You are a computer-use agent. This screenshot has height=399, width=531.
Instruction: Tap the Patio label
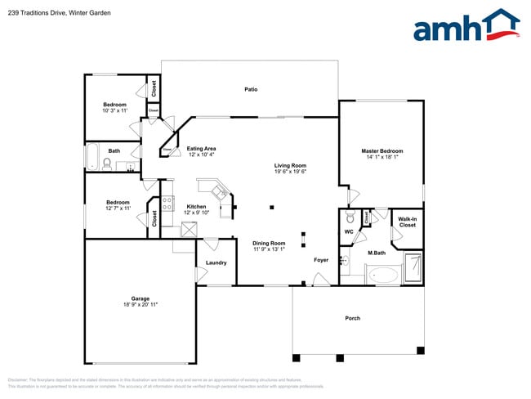[x=251, y=89]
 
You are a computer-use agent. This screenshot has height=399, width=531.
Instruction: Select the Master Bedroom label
[x=382, y=151]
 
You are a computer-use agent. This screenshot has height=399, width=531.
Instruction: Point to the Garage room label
[x=141, y=298]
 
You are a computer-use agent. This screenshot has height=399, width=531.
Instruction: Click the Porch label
[x=352, y=318]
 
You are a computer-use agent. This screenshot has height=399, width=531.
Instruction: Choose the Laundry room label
[x=216, y=262]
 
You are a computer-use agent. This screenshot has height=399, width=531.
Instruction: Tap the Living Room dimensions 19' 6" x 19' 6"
[x=290, y=172]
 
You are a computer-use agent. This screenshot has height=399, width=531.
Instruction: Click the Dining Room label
[x=269, y=243]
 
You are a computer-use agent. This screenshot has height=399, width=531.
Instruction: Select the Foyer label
[x=321, y=260]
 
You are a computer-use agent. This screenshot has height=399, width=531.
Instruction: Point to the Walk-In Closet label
[x=407, y=222]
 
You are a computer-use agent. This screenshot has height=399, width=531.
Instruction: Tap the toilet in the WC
[x=349, y=218]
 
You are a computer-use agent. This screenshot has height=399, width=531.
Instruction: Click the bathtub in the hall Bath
[x=93, y=157]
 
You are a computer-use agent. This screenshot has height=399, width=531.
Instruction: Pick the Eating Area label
[x=201, y=148]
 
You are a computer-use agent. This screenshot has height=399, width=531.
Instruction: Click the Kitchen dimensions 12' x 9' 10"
[x=196, y=213]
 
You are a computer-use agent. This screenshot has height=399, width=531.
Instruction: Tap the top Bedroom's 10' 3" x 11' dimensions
[x=114, y=110]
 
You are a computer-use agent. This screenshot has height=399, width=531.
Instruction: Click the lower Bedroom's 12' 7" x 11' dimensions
[x=118, y=208]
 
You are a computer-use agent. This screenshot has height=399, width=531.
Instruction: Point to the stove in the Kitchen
[x=167, y=204]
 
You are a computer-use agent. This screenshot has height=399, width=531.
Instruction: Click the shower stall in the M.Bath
[x=414, y=267]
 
